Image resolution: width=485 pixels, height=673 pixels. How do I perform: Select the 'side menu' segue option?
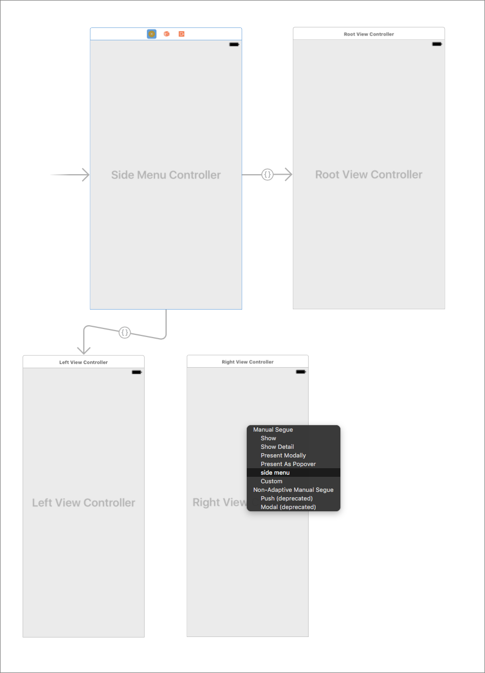pyautogui.click(x=275, y=472)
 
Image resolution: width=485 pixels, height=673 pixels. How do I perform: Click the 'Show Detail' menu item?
pyautogui.click(x=277, y=447)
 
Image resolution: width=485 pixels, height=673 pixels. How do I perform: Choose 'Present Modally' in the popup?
pyautogui.click(x=283, y=455)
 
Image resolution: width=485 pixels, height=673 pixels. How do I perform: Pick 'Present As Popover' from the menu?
pyautogui.click(x=288, y=464)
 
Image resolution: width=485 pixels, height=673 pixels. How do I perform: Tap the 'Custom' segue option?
pyautogui.click(x=272, y=481)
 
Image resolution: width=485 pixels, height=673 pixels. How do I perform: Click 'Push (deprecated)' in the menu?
pyautogui.click(x=287, y=498)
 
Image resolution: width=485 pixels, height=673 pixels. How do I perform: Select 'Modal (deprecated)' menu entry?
pyautogui.click(x=288, y=507)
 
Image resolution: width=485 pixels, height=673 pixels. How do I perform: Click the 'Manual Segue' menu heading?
pyautogui.click(x=273, y=429)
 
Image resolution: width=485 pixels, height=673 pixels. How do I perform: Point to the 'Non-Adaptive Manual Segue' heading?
pyautogui.click(x=293, y=490)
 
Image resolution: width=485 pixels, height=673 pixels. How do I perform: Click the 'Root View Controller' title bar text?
pyautogui.click(x=369, y=34)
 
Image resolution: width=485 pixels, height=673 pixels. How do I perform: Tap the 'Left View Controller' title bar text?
pyautogui.click(x=83, y=362)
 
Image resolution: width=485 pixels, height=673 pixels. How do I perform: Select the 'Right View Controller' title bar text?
pyautogui.click(x=247, y=362)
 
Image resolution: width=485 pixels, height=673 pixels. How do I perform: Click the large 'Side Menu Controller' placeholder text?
pyautogui.click(x=166, y=175)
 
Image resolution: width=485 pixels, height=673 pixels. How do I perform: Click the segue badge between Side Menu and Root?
pyautogui.click(x=267, y=174)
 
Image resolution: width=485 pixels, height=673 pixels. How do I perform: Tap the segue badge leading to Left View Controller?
pyautogui.click(x=125, y=332)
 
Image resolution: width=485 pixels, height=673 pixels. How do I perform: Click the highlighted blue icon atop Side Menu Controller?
pyautogui.click(x=152, y=34)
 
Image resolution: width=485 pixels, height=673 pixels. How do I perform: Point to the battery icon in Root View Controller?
pyautogui.click(x=437, y=44)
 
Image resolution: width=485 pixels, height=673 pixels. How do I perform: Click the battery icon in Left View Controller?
pyautogui.click(x=137, y=372)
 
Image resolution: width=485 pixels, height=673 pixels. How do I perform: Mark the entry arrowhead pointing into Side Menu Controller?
pyautogui.click(x=85, y=175)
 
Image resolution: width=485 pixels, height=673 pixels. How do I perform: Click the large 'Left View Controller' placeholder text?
pyautogui.click(x=83, y=503)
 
